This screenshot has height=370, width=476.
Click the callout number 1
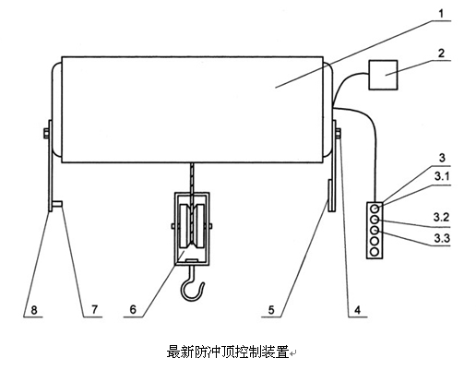tap(441, 14)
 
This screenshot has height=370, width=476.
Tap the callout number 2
tap(441, 54)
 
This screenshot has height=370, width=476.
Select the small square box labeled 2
tap(383, 75)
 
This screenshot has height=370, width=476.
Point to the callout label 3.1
tap(442, 176)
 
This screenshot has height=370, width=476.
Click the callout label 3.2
tap(442, 217)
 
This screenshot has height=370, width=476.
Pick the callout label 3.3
tap(442, 238)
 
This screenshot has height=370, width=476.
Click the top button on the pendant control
tap(375, 209)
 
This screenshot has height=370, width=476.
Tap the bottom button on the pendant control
tap(375, 252)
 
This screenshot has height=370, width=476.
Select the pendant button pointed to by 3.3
tap(375, 230)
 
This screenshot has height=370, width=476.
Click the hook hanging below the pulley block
tap(191, 284)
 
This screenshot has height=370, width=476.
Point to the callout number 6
tap(133, 309)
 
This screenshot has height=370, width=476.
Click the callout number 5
tap(271, 309)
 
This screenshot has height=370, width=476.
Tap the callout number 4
tap(357, 309)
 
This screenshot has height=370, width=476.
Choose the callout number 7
tap(94, 309)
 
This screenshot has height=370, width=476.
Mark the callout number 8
tap(34, 309)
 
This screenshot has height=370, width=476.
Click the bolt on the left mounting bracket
tap(47, 133)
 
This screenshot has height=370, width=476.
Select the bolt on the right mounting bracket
tap(338, 134)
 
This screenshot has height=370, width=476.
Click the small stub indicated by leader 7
tap(57, 204)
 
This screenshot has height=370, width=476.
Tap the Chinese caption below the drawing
tap(228, 352)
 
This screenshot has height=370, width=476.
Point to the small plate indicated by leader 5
tap(331, 196)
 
